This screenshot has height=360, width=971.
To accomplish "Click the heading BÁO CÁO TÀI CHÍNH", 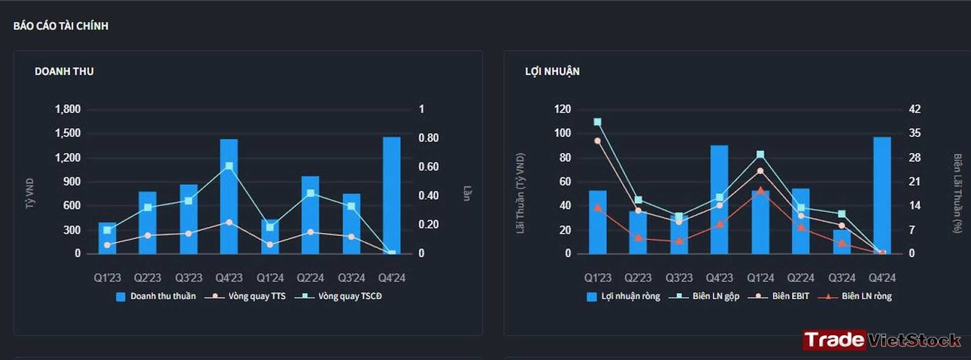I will (x=61, y=26).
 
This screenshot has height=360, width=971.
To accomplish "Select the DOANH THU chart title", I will (x=64, y=72).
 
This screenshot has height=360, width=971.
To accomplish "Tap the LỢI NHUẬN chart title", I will (x=552, y=72).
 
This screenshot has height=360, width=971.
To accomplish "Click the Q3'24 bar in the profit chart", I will (x=842, y=242).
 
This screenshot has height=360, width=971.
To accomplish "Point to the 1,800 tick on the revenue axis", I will (x=68, y=109).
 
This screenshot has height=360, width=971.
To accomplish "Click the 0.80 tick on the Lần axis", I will (x=428, y=138).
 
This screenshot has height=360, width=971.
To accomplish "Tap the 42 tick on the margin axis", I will (x=915, y=109).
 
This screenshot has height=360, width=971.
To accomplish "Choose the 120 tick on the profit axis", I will (x=563, y=109).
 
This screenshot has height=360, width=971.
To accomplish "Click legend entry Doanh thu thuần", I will (x=156, y=296).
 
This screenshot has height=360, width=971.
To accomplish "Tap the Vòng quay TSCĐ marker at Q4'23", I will (x=229, y=166).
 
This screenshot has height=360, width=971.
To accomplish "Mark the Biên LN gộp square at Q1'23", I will (x=598, y=122).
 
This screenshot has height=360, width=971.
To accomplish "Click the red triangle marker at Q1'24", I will (x=760, y=191).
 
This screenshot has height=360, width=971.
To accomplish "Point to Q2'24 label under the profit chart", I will (x=800, y=277).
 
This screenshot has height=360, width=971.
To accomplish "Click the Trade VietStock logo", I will (x=881, y=340).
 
